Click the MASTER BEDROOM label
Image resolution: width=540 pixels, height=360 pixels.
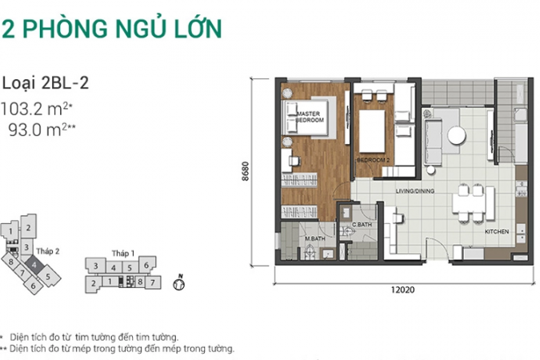(310, 117)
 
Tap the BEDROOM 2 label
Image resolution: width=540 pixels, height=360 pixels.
(373, 160)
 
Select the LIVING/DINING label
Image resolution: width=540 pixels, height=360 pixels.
(415, 191)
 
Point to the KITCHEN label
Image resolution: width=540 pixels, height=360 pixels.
(497, 232)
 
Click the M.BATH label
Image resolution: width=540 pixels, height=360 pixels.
(314, 238)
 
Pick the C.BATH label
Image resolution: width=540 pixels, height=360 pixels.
(362, 225)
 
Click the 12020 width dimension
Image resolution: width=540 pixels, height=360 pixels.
(402, 290)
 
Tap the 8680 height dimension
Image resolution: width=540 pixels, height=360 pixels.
(245, 171)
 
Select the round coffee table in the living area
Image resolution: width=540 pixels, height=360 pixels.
(457, 136)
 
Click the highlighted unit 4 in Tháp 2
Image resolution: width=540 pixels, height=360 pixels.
(34, 266)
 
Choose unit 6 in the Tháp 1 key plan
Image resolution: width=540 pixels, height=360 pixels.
(146, 265)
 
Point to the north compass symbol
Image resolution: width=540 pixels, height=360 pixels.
(178, 283)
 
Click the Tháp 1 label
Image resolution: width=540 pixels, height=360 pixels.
(123, 254)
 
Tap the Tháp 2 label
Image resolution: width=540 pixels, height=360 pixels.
(47, 251)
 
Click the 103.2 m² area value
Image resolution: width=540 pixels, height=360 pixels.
(37, 110)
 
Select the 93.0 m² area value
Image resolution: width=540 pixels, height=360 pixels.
(42, 130)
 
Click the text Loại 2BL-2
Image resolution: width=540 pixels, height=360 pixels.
(46, 84)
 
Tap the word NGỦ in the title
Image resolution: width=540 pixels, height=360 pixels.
(142, 27)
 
